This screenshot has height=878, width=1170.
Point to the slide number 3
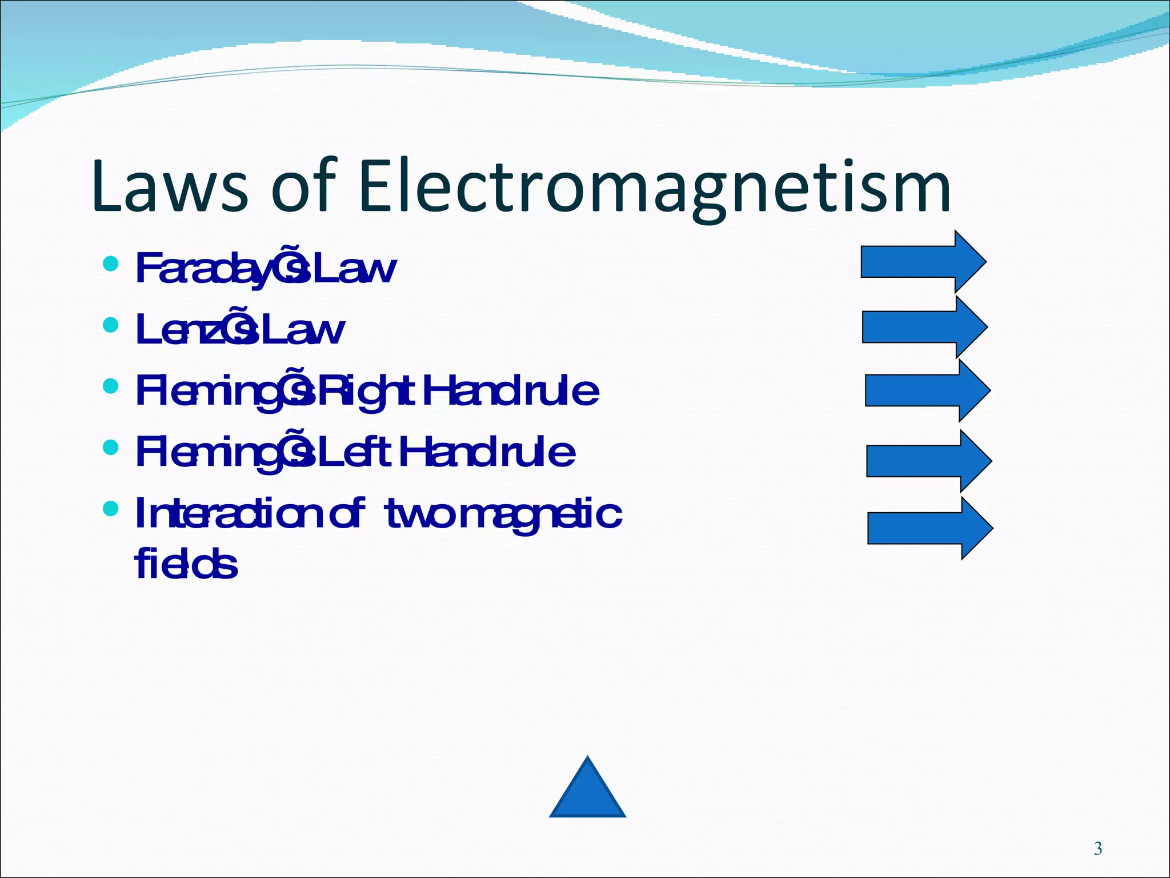1097,848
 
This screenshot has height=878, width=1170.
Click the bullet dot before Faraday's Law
110,264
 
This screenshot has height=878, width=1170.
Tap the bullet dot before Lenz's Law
110,325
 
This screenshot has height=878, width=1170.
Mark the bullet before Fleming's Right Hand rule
110,386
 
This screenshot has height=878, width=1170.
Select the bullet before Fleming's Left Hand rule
110,448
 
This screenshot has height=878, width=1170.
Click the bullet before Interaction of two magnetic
110,508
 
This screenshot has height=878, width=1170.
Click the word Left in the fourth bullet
358,453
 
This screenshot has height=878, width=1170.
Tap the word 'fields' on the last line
186,564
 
